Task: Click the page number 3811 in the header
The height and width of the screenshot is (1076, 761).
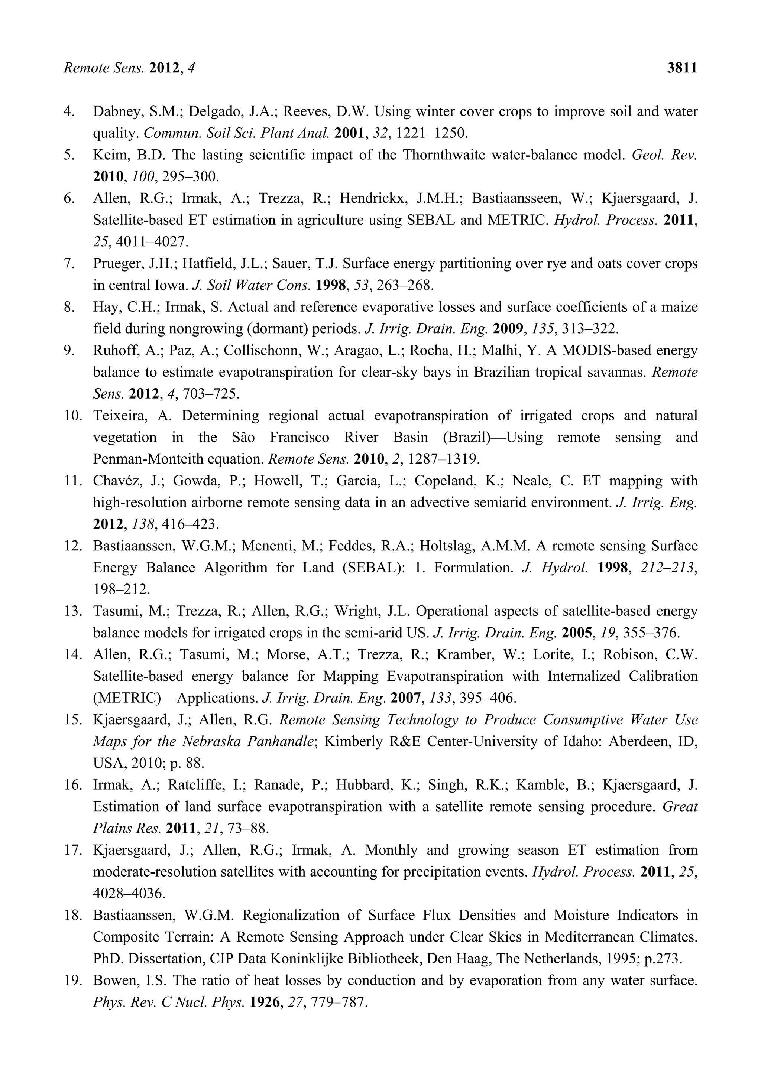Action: pyautogui.click(x=682, y=68)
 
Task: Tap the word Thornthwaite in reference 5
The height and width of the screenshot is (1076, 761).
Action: pyautogui.click(x=444, y=155)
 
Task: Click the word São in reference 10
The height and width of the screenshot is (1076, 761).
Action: pyautogui.click(x=243, y=437)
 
